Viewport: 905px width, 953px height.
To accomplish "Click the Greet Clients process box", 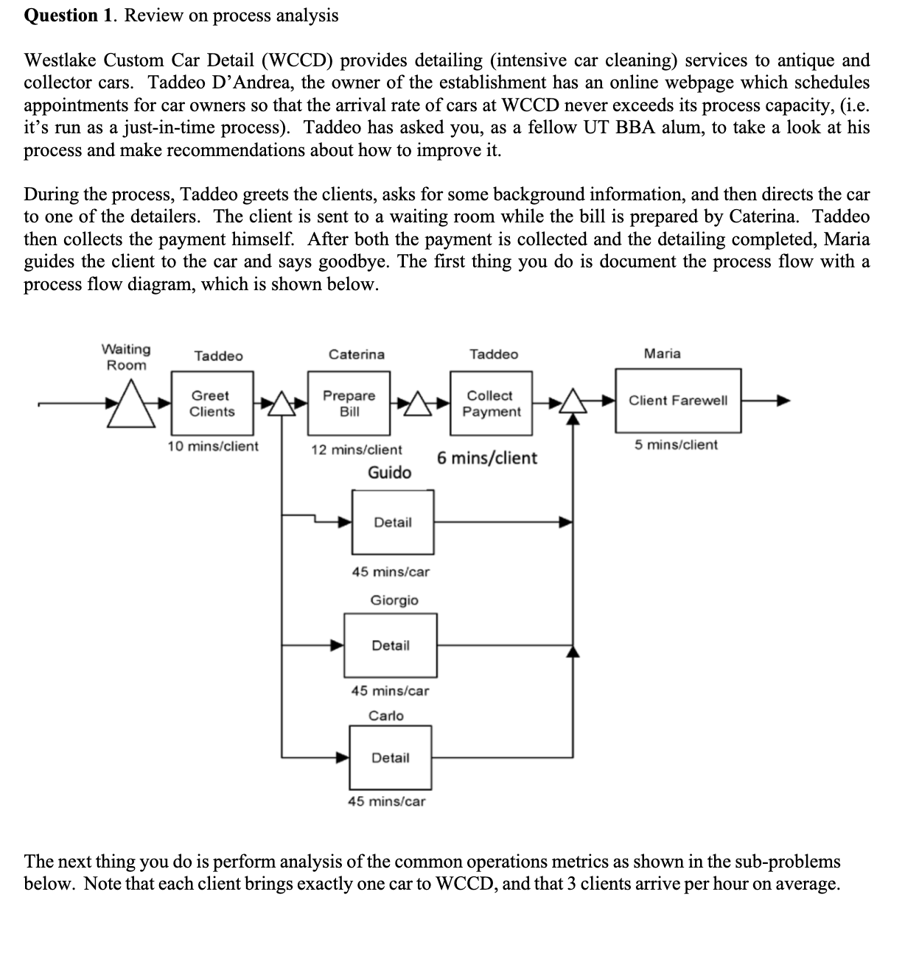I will pos(212,404).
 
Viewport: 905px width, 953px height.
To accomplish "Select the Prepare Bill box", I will pos(349,404).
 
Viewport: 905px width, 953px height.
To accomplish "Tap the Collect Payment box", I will pos(491,404).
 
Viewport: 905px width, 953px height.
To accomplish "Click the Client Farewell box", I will pos(678,401).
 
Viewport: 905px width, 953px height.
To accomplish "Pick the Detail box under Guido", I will pos(393,522).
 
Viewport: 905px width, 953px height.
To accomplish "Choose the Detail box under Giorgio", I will pos(390,646).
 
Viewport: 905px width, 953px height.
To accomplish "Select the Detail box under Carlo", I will pos(390,758).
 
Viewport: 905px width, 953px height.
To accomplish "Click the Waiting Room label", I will pos(126,357).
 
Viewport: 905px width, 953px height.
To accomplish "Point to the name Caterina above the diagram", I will pos(357,355).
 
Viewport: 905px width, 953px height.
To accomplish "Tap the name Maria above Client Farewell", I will pos(663,354).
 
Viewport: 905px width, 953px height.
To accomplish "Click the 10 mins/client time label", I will pos(213,446).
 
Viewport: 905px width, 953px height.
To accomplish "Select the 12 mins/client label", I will pos(357,449).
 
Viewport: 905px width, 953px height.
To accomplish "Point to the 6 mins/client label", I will pos(487,458).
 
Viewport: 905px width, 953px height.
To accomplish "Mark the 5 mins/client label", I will pos(676,445).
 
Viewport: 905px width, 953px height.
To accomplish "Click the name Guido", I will pos(390,473).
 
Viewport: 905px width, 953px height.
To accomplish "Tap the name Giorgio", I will pos(394,600).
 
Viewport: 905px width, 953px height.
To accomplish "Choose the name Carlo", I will pos(386,715).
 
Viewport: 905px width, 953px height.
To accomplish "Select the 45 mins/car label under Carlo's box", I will pos(386,801).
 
